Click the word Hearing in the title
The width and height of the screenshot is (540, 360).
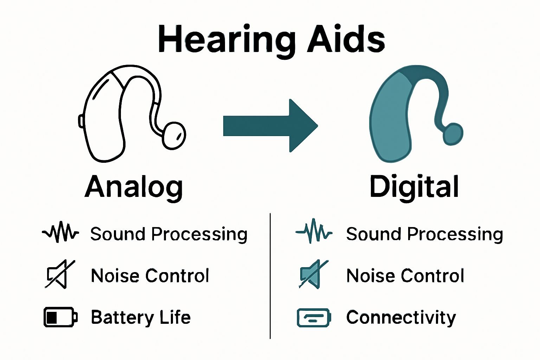coord(227,39)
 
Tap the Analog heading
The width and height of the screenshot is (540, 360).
coord(134,187)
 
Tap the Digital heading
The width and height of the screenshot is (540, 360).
coord(414,187)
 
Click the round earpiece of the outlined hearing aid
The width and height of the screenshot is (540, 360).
coord(174,135)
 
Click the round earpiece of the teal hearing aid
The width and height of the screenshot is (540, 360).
coord(453,134)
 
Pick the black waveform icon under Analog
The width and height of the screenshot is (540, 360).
coord(60,232)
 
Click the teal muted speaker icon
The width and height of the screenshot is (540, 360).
coord(313,275)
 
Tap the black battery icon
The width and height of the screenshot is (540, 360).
coord(60,317)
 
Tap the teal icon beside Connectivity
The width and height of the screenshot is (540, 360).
coord(314,317)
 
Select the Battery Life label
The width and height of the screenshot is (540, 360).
coord(141,317)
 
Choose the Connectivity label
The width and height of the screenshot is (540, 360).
coord(401,317)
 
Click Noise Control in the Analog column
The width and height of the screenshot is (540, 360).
coord(150,276)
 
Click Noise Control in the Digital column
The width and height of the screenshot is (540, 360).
coord(405,276)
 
